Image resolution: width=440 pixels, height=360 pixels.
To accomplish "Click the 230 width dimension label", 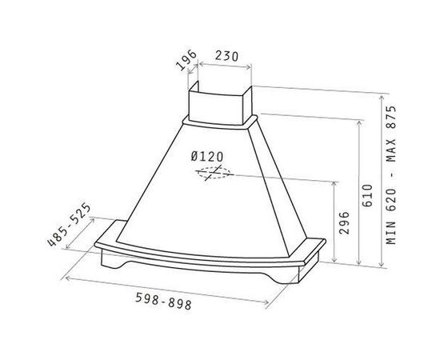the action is pos(226,56).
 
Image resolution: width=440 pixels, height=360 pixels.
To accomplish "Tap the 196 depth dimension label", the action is pos(186,60).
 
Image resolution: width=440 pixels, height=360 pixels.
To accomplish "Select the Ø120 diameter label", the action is pos(207,157).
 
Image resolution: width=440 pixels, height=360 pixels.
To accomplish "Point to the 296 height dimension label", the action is pos(344,222).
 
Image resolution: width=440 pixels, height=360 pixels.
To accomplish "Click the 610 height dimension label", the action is pos(367,195).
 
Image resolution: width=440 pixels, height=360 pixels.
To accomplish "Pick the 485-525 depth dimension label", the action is pos(69,225).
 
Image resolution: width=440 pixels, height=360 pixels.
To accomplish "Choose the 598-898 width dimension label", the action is pos(163,301).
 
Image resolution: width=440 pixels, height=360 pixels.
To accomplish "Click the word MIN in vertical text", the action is pos(390,233).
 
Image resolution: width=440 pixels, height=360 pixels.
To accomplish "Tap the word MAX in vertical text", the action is pos(390,150).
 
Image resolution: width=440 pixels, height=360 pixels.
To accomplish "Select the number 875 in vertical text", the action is pos(390,117).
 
